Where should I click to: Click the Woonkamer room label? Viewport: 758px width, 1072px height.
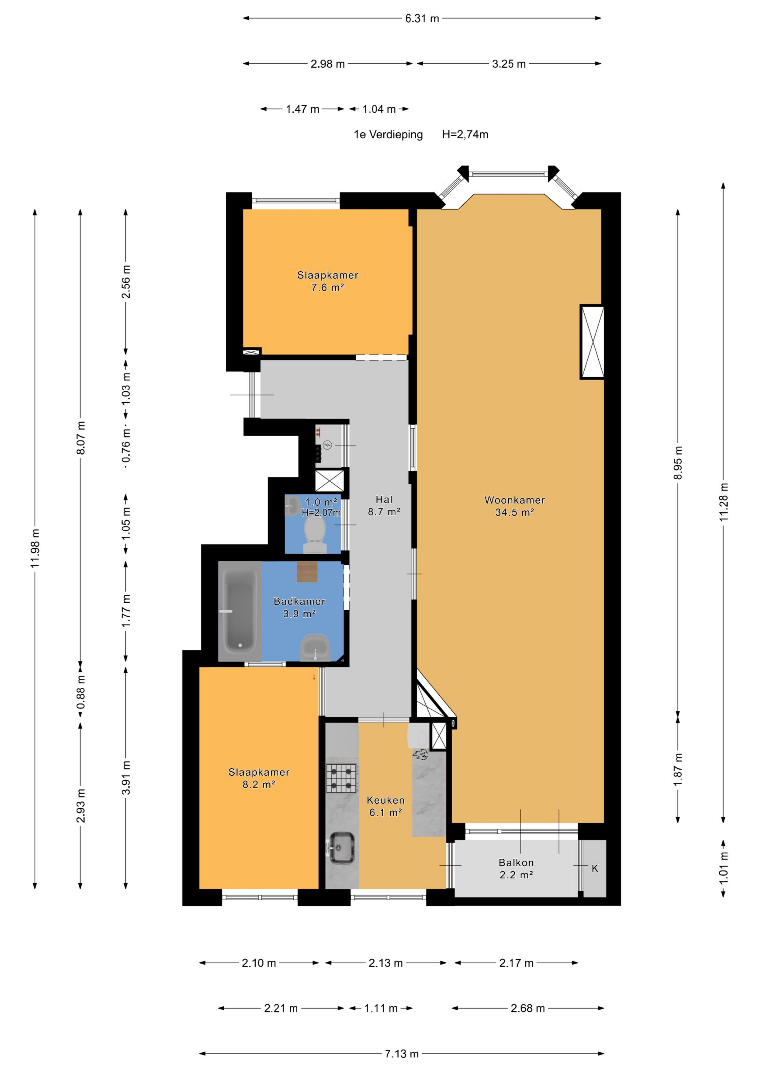tap(514, 500)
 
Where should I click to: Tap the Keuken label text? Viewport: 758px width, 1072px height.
tap(385, 800)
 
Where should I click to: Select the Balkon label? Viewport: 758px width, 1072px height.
tap(516, 863)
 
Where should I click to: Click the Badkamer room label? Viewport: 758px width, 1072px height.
tap(299, 601)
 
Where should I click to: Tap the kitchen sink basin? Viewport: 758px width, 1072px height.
tap(342, 848)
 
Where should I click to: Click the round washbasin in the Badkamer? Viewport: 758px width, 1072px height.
tap(315, 647)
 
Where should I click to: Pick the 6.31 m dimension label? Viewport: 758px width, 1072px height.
tap(422, 19)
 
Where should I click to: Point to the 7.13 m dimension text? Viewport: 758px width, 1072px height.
tap(402, 1054)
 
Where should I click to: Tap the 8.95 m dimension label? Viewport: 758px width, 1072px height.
tap(678, 463)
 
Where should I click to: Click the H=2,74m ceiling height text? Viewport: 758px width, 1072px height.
tap(465, 135)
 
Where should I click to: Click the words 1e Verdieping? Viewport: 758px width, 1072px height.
tap(388, 135)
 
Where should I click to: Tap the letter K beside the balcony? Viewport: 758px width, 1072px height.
tap(595, 868)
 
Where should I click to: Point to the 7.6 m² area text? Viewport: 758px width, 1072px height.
tap(327, 288)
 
